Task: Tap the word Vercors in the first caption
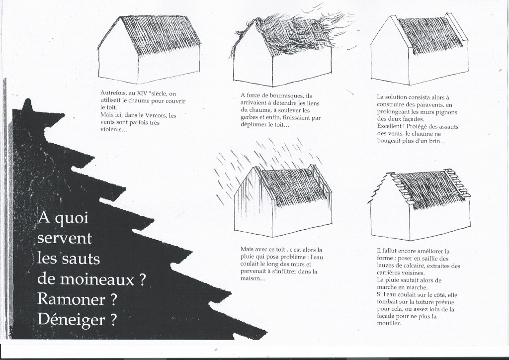coord(156,115)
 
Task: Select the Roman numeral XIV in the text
coord(140,93)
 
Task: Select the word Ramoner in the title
coord(71,299)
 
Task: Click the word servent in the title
coord(65,239)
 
